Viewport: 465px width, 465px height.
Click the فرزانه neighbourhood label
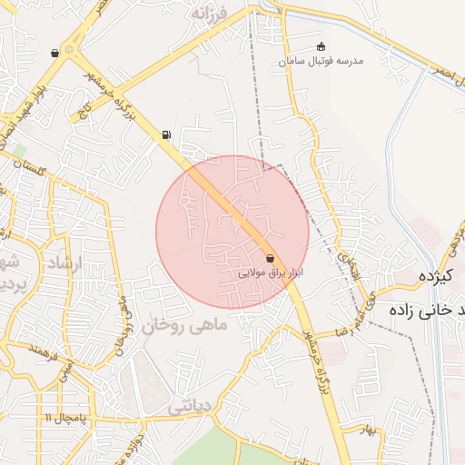point(213,15)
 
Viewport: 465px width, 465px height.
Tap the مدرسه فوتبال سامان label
point(322,61)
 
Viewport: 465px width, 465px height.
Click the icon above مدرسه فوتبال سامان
point(320,46)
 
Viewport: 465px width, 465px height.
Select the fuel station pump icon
point(166,135)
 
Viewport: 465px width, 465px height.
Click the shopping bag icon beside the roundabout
point(55,53)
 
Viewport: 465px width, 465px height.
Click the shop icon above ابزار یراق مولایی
point(270,258)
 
